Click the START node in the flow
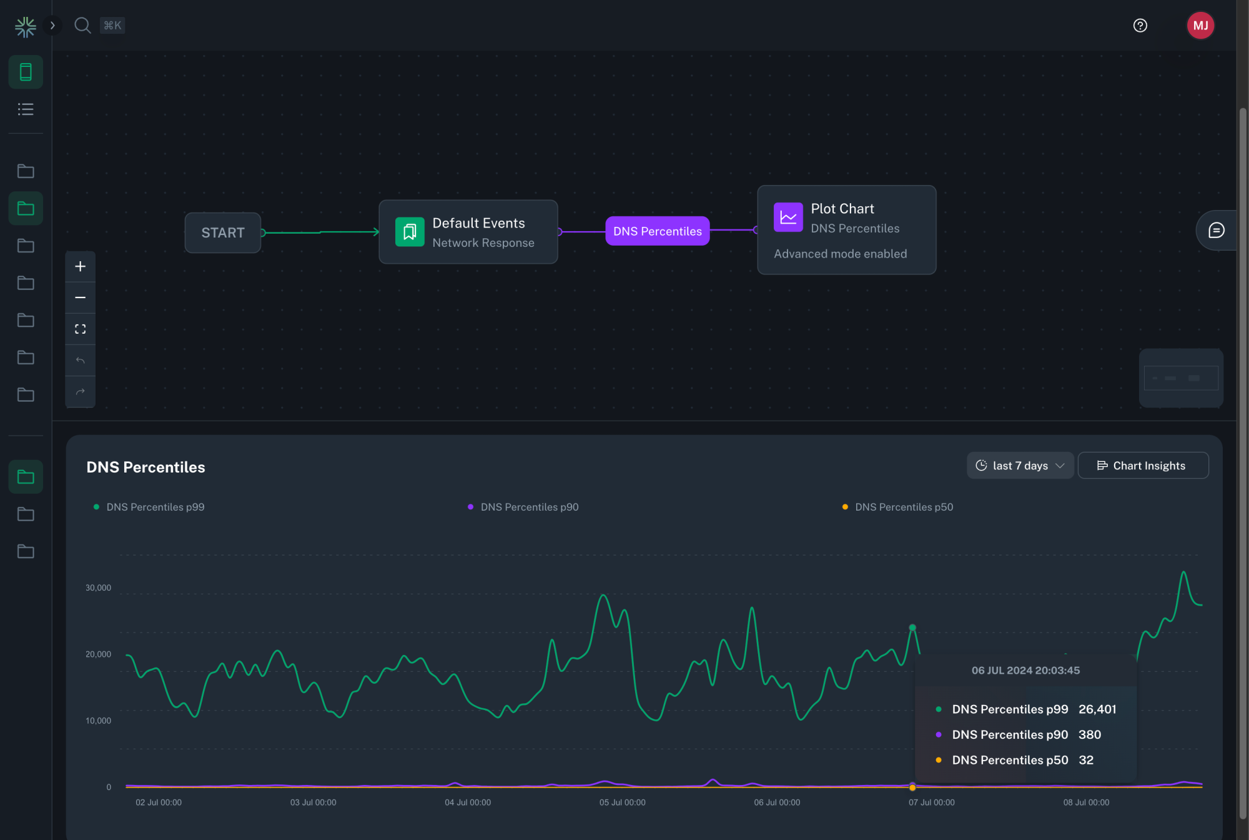(222, 232)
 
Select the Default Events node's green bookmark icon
(410, 232)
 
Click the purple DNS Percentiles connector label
(657, 231)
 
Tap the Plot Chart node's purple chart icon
(788, 217)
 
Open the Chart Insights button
(1143, 466)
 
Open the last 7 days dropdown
(1020, 466)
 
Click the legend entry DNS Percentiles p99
(155, 507)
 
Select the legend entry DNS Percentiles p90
(529, 507)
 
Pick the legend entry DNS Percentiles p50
(904, 507)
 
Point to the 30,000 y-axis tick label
(98, 587)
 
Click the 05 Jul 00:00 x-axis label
(622, 802)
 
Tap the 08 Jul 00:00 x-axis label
(1086, 802)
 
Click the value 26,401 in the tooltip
(1097, 709)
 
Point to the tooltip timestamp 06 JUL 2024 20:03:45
(1025, 671)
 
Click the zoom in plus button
(81, 267)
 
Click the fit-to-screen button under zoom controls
(81, 329)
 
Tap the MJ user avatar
(1200, 26)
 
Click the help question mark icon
(1140, 26)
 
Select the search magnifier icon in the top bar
(82, 26)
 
